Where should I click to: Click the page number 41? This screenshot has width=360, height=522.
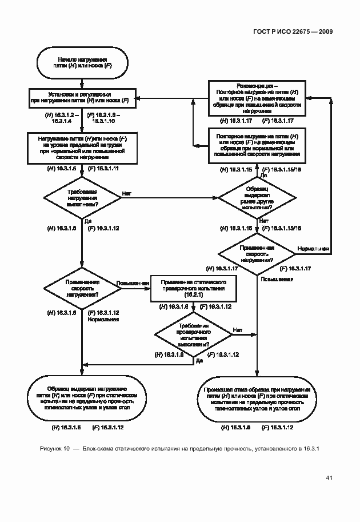(330, 477)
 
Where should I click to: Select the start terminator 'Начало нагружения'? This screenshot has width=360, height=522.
(82, 63)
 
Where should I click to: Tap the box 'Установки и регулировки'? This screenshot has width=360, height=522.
(82, 97)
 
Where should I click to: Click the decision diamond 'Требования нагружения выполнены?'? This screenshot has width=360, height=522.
(82, 197)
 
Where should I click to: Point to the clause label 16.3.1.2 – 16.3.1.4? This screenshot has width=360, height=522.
(62, 118)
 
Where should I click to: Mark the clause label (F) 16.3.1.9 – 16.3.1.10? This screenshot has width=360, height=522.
(103, 118)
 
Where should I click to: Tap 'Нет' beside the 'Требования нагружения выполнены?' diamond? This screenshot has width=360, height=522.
(126, 194)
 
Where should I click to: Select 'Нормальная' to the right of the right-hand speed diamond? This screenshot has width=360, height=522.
(313, 249)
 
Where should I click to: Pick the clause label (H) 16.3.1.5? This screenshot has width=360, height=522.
(61, 170)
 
